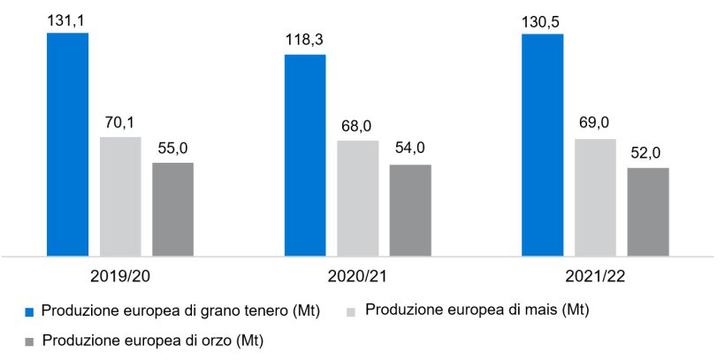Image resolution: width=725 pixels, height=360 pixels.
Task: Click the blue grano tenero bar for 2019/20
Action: [67, 144]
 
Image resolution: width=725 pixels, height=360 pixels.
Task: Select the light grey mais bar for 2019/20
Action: [119, 196]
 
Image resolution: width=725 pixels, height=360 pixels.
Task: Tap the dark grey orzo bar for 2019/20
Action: [172, 210]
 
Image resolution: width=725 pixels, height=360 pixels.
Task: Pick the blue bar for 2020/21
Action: [305, 156]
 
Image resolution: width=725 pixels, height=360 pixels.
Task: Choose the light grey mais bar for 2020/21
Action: [357, 198]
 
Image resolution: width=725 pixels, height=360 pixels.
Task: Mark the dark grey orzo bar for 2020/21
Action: [410, 211]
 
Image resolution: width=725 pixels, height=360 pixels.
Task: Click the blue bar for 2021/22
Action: [543, 145]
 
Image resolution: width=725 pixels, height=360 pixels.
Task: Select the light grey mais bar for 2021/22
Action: [595, 197]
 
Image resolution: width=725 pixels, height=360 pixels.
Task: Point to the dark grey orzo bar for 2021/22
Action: [648, 212]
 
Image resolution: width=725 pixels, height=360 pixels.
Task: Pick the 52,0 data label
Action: [648, 153]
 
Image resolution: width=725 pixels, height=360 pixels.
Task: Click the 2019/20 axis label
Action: [119, 275]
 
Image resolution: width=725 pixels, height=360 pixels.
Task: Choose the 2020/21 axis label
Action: [357, 275]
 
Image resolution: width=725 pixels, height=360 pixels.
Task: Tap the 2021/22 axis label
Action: [595, 275]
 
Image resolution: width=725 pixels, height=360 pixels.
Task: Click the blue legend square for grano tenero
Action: [29, 311]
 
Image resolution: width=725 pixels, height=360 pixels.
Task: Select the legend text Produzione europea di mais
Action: [477, 310]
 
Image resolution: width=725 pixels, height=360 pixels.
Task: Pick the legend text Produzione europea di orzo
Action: [153, 340]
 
